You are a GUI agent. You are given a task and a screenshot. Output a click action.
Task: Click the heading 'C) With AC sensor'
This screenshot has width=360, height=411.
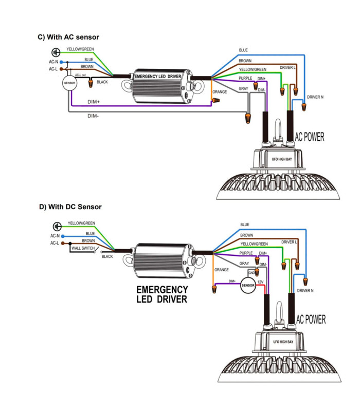click(x=68, y=37)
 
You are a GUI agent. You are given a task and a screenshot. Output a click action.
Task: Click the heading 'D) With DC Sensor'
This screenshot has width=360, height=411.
click(x=70, y=207)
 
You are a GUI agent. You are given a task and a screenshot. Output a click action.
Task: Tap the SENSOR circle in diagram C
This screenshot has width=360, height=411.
click(x=70, y=83)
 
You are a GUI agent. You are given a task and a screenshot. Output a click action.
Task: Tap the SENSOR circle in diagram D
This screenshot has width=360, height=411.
click(x=248, y=286)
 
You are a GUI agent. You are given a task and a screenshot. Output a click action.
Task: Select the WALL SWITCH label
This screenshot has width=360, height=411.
click(x=83, y=248)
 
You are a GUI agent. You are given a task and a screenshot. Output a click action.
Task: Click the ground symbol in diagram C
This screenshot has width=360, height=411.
click(x=56, y=52)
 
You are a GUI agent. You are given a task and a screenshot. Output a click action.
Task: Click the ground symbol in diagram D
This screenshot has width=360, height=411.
click(x=57, y=226)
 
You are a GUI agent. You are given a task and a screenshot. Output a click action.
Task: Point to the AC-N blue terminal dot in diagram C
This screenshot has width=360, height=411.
click(x=61, y=62)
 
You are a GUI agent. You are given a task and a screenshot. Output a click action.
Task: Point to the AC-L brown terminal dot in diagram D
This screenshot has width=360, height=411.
click(x=62, y=243)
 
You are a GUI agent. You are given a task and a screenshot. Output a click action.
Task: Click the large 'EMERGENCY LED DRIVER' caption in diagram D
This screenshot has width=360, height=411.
click(x=162, y=294)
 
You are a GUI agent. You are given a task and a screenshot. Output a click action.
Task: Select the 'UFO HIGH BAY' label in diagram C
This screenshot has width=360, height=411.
click(x=282, y=159)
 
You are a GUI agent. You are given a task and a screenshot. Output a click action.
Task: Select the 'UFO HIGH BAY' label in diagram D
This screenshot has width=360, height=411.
click(x=283, y=342)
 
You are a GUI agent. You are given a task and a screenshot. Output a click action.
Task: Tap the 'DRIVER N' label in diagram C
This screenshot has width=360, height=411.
click(x=315, y=97)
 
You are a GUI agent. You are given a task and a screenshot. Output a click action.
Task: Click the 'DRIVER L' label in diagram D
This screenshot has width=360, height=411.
click(x=289, y=242)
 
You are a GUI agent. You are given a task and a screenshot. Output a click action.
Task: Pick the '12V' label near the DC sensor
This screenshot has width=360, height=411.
click(x=260, y=282)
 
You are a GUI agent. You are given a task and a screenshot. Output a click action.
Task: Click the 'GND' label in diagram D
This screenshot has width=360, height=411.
click(x=251, y=273)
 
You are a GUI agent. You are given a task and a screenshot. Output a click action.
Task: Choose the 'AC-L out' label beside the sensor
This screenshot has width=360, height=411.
click(x=80, y=75)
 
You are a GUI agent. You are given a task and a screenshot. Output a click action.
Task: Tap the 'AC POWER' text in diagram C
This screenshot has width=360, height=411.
click(x=310, y=137)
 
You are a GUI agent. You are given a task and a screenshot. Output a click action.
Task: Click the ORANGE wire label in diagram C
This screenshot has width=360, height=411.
click(x=220, y=92)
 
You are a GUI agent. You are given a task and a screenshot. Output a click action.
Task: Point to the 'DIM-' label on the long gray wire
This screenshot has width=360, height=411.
click(x=93, y=116)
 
